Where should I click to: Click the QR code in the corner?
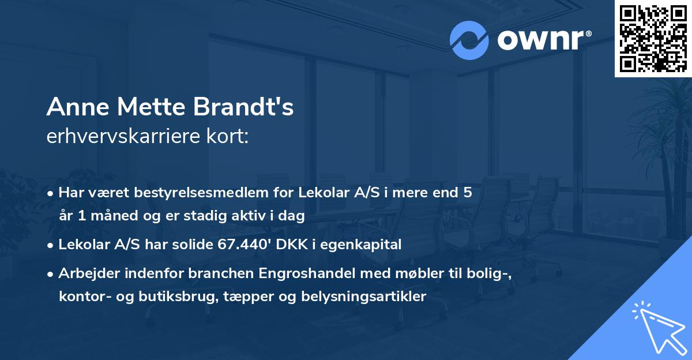tap(653, 38)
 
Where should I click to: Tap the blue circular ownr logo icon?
tap(469, 40)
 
